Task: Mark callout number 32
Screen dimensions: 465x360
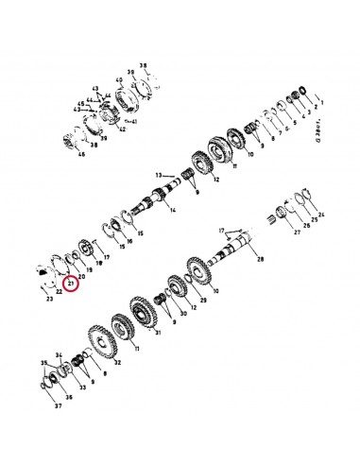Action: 116,362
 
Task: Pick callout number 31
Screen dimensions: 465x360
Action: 158,333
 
